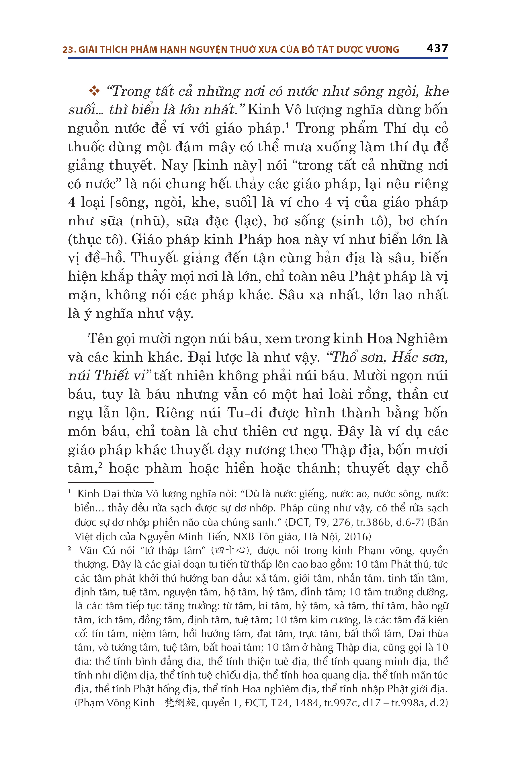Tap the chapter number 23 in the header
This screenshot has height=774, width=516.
67,50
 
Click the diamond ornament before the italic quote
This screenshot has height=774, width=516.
94,91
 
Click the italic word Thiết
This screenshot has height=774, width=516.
111,376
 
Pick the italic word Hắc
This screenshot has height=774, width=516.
407,357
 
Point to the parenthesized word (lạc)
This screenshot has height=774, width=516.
251,221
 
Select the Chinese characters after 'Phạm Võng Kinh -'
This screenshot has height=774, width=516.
180,703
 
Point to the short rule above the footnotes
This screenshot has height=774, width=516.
111,483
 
